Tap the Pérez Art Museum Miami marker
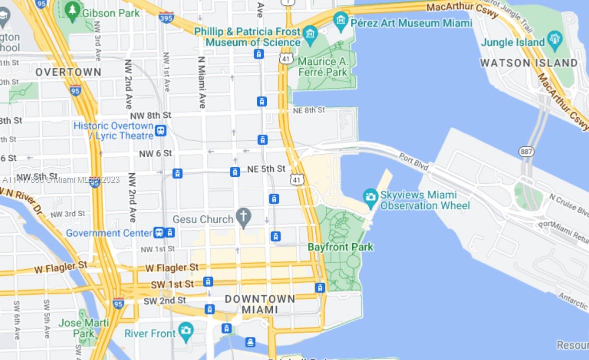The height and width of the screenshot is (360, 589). click(x=341, y=20)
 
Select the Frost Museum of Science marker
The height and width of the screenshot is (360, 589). click(x=310, y=34)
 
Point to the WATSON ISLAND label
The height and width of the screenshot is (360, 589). click(x=529, y=63)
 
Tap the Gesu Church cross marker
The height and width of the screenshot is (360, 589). click(x=243, y=218)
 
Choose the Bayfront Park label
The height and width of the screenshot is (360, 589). click(x=340, y=247)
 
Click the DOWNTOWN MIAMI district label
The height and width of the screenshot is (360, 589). click(x=260, y=304)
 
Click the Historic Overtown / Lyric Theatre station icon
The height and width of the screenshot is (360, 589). click(x=160, y=131)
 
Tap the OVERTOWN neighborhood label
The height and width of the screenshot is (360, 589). click(x=68, y=72)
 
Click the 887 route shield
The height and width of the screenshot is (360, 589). click(x=526, y=151)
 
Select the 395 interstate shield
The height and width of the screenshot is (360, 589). click(x=166, y=17)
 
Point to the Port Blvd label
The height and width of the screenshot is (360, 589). click(x=414, y=163)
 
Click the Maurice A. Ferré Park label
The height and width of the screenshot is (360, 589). click(x=322, y=66)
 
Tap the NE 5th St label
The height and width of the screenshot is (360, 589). click(x=266, y=169)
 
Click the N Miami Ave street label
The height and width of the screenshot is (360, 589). click(x=202, y=82)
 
